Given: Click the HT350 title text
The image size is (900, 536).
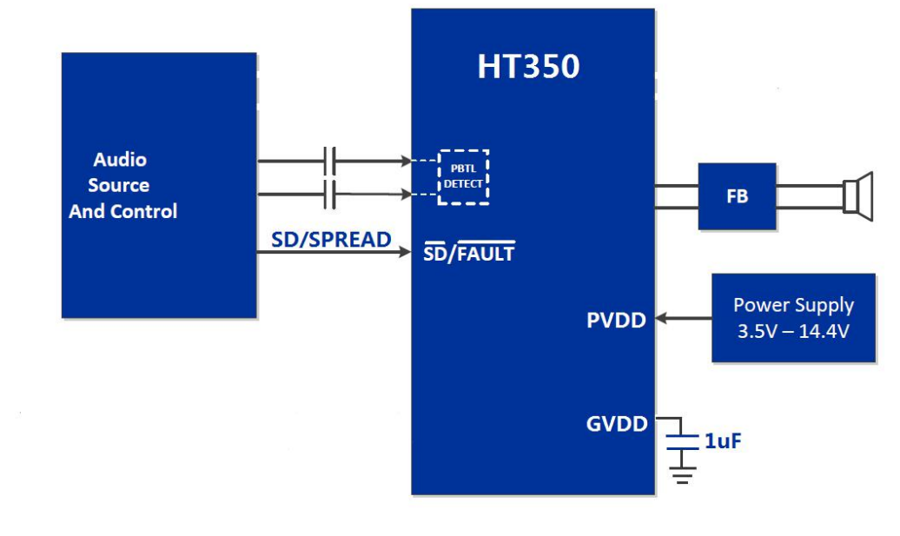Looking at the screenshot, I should pyautogui.click(x=528, y=67).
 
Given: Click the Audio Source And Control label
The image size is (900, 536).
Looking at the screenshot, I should pyautogui.click(x=122, y=185).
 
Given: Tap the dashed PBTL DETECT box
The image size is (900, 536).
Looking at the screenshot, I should pyautogui.click(x=463, y=177).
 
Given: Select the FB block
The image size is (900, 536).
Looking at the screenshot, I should pyautogui.click(x=737, y=196).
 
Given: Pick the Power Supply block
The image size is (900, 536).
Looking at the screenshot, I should pyautogui.click(x=793, y=317).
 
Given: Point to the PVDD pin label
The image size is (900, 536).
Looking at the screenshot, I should pyautogui.click(x=616, y=321).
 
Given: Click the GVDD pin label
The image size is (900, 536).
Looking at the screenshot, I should pyautogui.click(x=617, y=424).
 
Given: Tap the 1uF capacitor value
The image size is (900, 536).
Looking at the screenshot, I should pyautogui.click(x=723, y=442).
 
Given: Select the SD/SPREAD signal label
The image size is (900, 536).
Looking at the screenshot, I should pyautogui.click(x=331, y=240).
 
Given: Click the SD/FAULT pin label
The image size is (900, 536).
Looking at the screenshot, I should pyautogui.click(x=468, y=253).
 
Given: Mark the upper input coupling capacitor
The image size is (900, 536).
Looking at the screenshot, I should pyautogui.click(x=330, y=161).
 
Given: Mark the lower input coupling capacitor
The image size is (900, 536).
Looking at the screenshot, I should pyautogui.click(x=330, y=195).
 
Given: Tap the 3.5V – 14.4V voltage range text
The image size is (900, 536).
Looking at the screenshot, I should pyautogui.click(x=793, y=330).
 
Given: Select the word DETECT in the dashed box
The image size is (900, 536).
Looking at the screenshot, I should pyautogui.click(x=463, y=184).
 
